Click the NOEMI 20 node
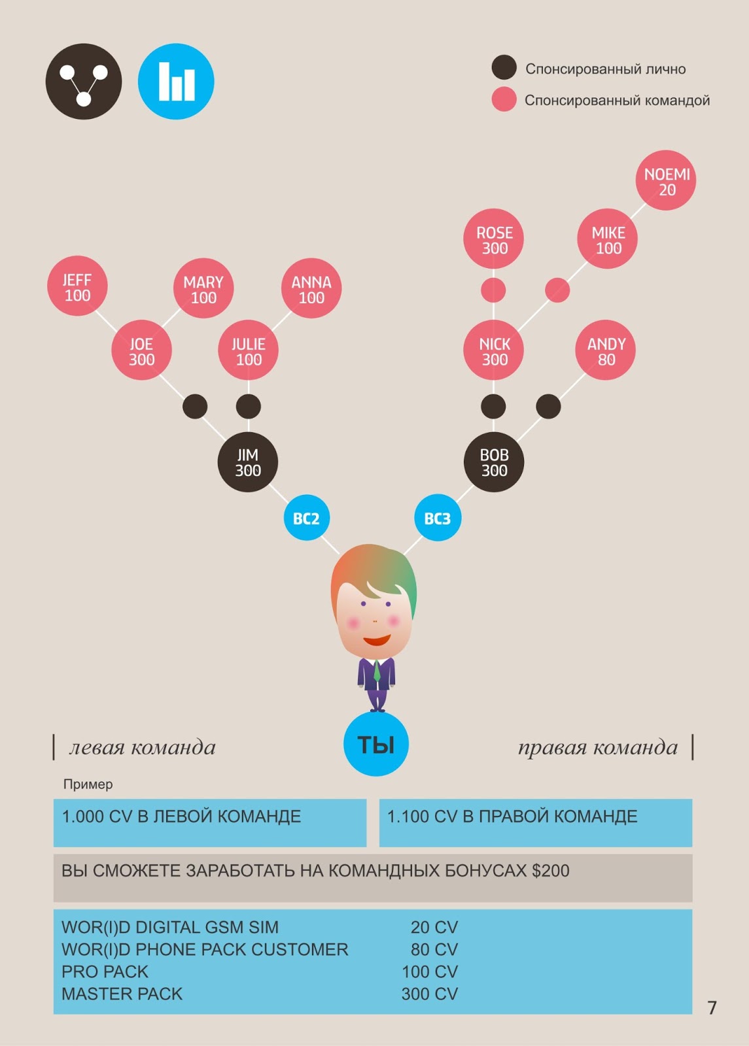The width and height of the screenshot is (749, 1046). (x=666, y=181)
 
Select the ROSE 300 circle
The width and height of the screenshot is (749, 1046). (x=494, y=239)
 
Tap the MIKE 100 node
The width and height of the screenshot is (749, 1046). (x=607, y=239)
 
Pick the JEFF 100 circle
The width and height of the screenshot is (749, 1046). (x=77, y=286)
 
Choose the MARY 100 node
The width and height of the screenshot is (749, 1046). (x=203, y=289)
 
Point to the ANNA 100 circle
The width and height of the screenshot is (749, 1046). (x=311, y=289)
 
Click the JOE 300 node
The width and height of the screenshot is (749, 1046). (x=141, y=350)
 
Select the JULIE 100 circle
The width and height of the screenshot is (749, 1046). (x=249, y=350)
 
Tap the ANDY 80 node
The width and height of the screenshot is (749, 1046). (x=606, y=350)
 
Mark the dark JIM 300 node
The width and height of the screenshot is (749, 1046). (x=248, y=462)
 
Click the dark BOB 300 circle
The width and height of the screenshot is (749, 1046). (x=494, y=462)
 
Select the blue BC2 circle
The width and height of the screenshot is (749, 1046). (x=306, y=518)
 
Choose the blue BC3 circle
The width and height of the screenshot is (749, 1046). (x=438, y=518)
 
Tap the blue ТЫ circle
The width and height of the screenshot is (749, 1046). (x=376, y=744)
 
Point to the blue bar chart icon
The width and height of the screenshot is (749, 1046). (x=176, y=82)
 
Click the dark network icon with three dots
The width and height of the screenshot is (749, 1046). (x=84, y=82)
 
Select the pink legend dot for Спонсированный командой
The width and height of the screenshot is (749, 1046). (x=504, y=99)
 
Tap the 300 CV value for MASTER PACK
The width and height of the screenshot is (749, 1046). (x=429, y=994)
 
